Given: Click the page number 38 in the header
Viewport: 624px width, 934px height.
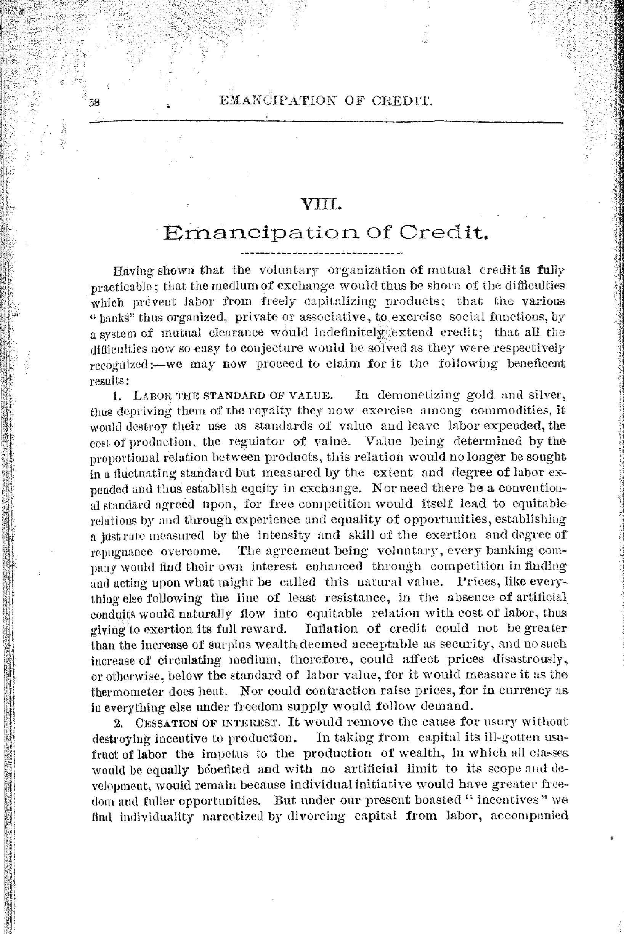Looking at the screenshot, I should point(96,102).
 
